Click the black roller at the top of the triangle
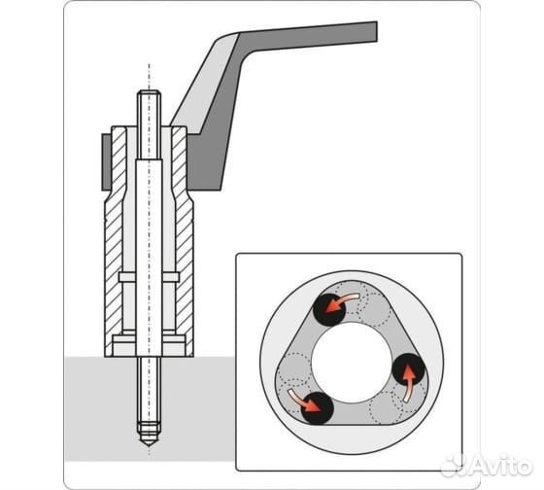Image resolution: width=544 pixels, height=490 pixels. (x=329, y=310)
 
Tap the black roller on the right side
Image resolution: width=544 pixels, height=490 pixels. (x=409, y=368)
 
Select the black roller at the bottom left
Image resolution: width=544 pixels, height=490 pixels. (x=317, y=408)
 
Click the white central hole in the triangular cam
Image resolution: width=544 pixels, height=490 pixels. (x=351, y=363)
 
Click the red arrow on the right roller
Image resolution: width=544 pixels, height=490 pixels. (x=409, y=384)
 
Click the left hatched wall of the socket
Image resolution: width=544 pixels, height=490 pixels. (x=115, y=243)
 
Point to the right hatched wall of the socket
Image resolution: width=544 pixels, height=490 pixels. (x=183, y=243)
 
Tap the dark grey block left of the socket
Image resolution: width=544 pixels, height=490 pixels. (x=106, y=162)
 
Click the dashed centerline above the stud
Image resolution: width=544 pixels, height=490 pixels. (x=149, y=77)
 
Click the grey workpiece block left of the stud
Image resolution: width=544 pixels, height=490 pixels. (x=100, y=408)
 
